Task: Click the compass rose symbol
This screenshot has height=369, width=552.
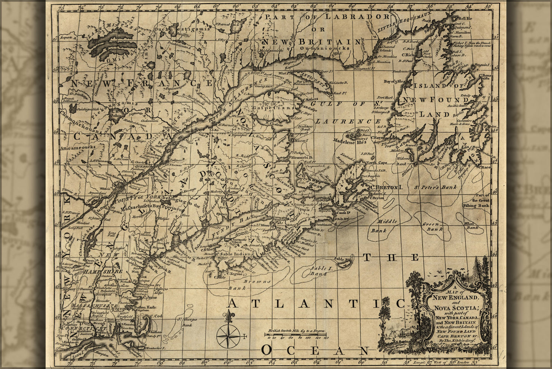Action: click(228, 336)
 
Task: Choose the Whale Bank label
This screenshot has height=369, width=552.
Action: click(472, 225)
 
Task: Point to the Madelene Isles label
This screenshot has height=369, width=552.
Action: click(350, 141)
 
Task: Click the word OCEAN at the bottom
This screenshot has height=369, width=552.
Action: click(315, 350)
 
